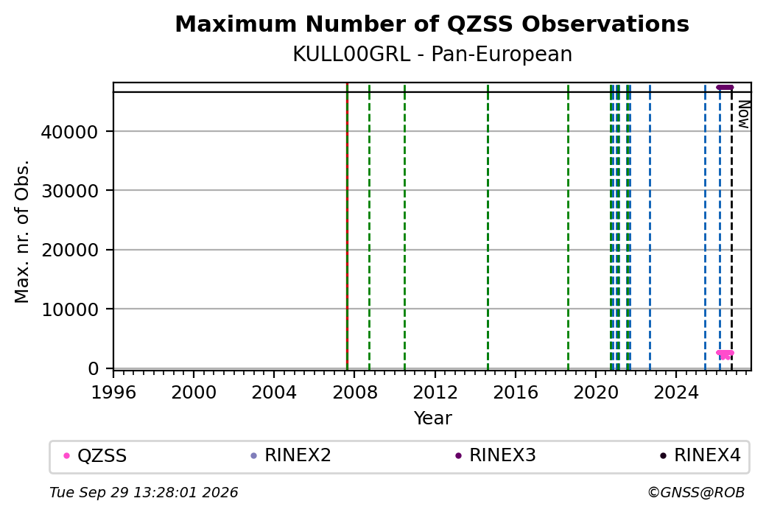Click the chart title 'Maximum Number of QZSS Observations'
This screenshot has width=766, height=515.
pyautogui.click(x=432, y=24)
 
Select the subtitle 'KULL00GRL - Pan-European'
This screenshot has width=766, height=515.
pyautogui.click(x=432, y=55)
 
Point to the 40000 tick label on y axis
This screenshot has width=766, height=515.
pyautogui.click(x=70, y=132)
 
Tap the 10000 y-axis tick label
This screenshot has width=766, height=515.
pyautogui.click(x=70, y=309)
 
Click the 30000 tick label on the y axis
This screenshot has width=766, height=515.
pyautogui.click(x=70, y=191)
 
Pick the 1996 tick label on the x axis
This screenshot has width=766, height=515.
pyautogui.click(x=113, y=393)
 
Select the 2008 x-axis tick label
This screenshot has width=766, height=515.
pyautogui.click(x=355, y=393)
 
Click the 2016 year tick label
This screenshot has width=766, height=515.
pyautogui.click(x=516, y=393)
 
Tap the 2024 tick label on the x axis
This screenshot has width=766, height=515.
pyautogui.click(x=676, y=393)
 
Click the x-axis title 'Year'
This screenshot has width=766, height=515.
pyautogui.click(x=432, y=418)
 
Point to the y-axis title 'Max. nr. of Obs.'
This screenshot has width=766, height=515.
pyautogui.click(x=22, y=231)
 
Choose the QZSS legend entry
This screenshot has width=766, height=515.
pyautogui.click(x=96, y=456)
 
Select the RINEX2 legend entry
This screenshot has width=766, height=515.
pyautogui.click(x=291, y=455)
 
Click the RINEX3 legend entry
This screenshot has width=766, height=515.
pyautogui.click(x=496, y=455)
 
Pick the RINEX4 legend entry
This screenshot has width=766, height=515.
pyautogui.click(x=700, y=455)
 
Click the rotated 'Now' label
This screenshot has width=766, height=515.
pyautogui.click(x=743, y=115)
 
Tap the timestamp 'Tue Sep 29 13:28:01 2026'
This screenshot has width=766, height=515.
pyautogui.click(x=144, y=492)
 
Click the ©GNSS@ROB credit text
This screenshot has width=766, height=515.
pyautogui.click(x=696, y=492)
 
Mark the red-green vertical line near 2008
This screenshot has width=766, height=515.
pyautogui.click(x=347, y=227)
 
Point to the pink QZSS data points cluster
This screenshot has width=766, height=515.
pyautogui.click(x=725, y=354)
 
